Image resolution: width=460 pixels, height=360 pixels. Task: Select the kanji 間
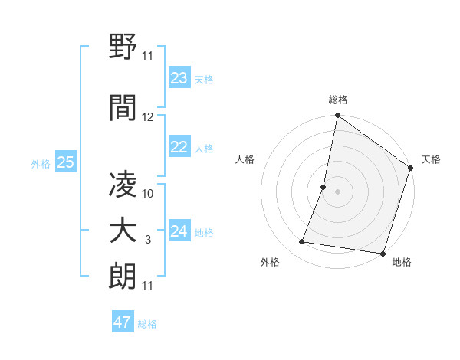click(123, 109)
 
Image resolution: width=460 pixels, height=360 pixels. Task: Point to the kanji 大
click(123, 231)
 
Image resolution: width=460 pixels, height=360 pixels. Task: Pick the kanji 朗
click(123, 277)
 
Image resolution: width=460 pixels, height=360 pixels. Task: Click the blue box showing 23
click(179, 78)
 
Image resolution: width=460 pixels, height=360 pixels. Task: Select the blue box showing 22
click(179, 147)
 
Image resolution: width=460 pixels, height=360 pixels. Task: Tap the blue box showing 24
click(179, 231)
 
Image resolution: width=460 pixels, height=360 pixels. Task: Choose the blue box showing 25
click(65, 162)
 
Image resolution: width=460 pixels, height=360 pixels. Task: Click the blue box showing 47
click(123, 322)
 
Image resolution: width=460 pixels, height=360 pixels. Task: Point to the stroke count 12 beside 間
click(148, 117)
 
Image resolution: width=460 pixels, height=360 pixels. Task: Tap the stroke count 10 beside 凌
click(148, 193)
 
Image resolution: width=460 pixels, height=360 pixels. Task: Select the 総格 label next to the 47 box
click(147, 324)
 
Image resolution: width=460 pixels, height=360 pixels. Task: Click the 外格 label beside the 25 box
click(41, 163)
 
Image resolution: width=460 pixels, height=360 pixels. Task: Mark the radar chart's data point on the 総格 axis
click(337, 116)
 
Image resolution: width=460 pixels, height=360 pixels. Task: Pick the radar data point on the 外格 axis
click(302, 242)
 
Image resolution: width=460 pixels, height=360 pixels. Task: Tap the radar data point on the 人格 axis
click(324, 187)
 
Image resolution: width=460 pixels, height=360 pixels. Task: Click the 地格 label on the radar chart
click(402, 262)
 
